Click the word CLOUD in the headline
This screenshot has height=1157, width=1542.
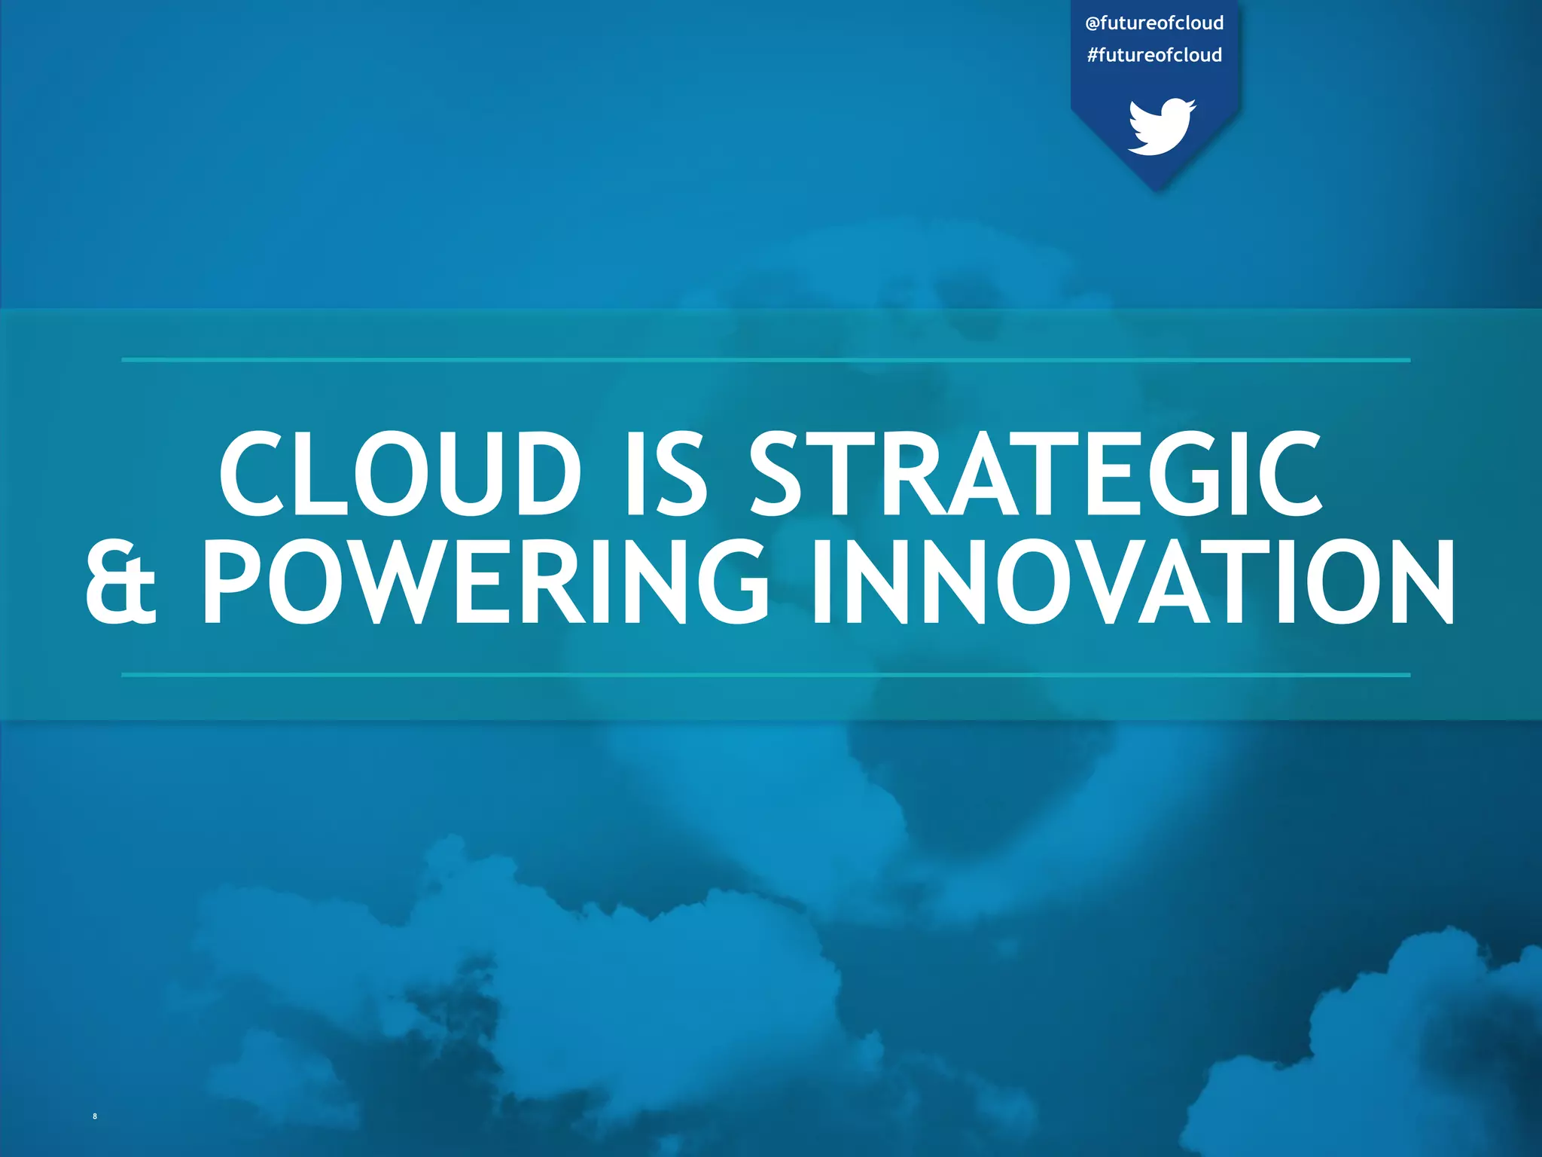click(400, 474)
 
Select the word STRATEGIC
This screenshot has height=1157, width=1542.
click(1035, 474)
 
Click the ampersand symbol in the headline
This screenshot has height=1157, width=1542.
click(120, 582)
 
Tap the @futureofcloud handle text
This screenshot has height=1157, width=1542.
click(1154, 23)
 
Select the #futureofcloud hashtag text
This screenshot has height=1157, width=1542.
click(1154, 55)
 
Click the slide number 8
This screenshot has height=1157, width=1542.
click(95, 1116)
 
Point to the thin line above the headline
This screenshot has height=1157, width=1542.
click(765, 360)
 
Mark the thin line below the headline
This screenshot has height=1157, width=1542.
click(765, 675)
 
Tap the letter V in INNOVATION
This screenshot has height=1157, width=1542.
click(1107, 582)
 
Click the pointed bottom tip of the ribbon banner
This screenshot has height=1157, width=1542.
click(1159, 191)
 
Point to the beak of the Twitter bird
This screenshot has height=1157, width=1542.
click(1192, 104)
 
